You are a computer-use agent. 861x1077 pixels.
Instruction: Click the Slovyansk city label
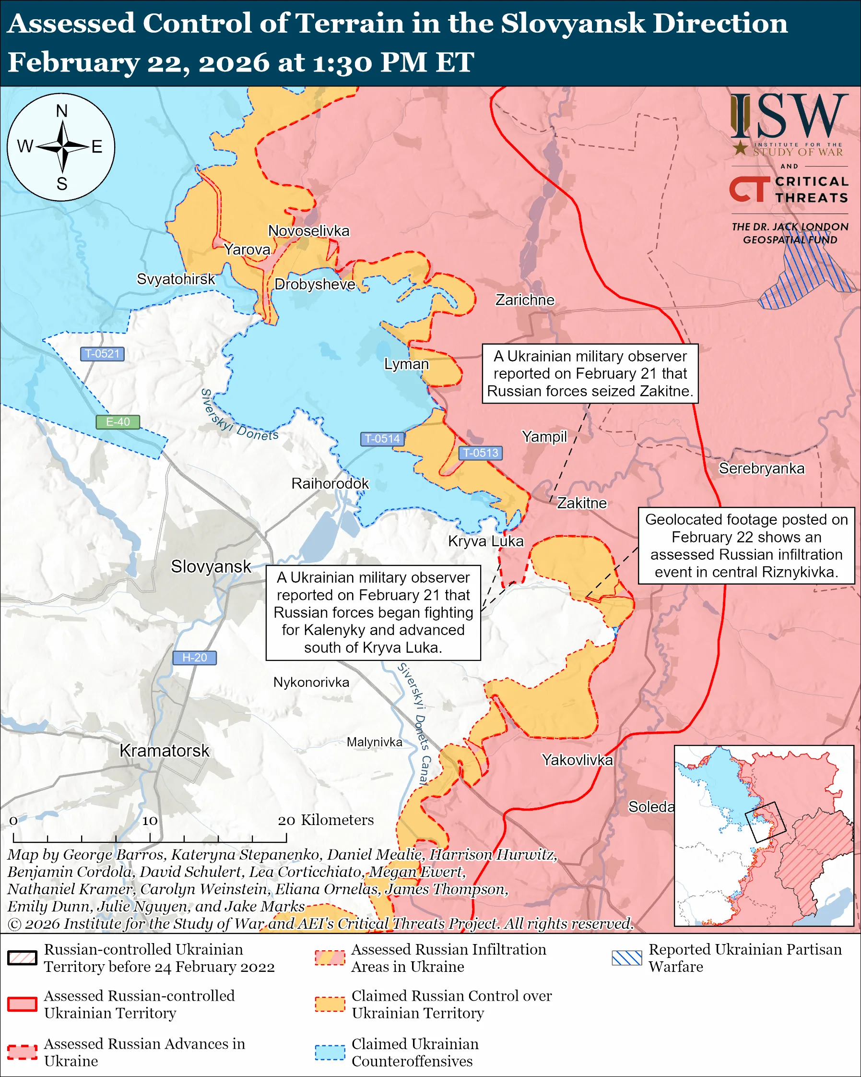tap(211, 566)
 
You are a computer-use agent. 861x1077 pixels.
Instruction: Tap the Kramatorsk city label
tap(164, 750)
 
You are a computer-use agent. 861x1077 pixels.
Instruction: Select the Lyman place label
tap(406, 364)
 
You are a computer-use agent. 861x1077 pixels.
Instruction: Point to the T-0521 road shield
tap(102, 354)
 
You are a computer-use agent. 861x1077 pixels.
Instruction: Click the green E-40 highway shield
tap(118, 421)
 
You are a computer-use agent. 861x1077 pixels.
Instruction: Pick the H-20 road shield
tap(194, 658)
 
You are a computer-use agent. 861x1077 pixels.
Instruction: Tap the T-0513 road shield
tap(480, 453)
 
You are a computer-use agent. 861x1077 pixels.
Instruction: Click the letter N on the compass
tap(61, 111)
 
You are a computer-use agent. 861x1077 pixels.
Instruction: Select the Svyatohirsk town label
tap(176, 279)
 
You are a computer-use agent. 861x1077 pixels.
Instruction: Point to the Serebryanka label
tap(761, 468)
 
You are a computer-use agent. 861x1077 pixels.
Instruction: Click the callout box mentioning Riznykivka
tap(746, 546)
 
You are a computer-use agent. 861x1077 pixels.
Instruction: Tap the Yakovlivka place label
tap(577, 760)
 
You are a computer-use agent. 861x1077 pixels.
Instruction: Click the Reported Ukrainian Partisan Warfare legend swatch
tap(626, 957)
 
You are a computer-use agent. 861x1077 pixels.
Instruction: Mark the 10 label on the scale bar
tap(149, 820)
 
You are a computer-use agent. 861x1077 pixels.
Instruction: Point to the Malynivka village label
tap(374, 742)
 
